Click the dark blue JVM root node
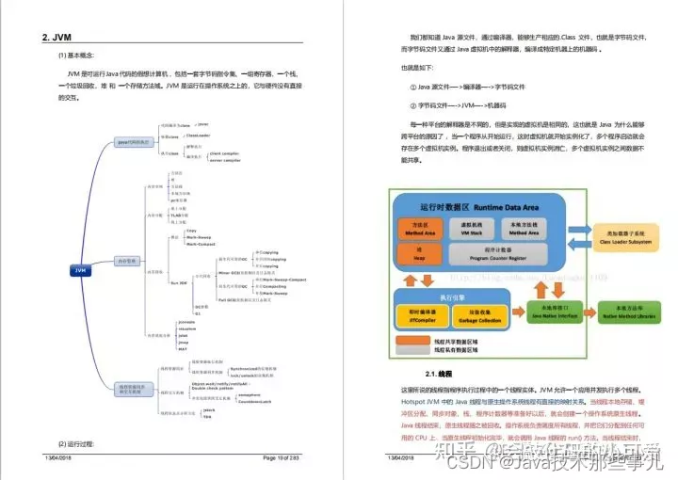coord(80,270)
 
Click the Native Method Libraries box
coord(632,312)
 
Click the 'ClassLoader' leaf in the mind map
coord(197,136)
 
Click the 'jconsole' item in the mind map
coord(187,321)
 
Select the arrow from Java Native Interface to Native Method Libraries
coord(591,313)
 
